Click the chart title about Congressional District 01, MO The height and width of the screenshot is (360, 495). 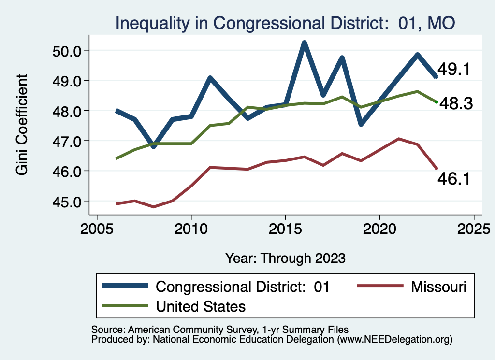coord(285,23)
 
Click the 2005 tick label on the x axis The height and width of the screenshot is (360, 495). coord(97,228)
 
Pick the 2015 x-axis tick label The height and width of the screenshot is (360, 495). coord(285,228)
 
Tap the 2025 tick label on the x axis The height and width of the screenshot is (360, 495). coord(474,228)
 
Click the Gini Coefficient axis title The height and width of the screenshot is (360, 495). coord(22,125)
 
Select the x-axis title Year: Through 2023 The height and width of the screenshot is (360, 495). coord(285,258)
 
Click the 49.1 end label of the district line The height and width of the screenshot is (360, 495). coord(454,70)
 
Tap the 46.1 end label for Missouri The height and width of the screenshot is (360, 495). coord(454,179)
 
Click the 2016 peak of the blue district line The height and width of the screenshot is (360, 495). coord(305,43)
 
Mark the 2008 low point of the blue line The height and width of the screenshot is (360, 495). coord(154,146)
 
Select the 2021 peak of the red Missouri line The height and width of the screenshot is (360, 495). coord(399,139)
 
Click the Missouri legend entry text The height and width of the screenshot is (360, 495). coord(439,287)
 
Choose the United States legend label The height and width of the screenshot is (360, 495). coord(201,306)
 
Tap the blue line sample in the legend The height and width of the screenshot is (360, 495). coord(125,287)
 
